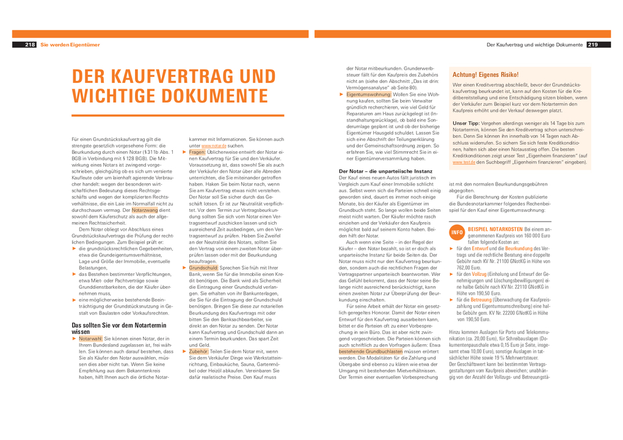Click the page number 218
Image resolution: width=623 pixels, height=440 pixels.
click(x=30, y=45)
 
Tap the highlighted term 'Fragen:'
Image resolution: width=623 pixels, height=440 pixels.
click(x=197, y=151)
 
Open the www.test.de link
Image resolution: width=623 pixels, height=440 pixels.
click(x=460, y=162)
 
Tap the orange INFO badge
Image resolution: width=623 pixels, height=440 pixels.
click(x=457, y=233)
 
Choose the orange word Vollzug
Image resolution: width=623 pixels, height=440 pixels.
click(x=479, y=275)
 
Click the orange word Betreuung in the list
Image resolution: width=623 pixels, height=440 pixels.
click(x=481, y=300)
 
